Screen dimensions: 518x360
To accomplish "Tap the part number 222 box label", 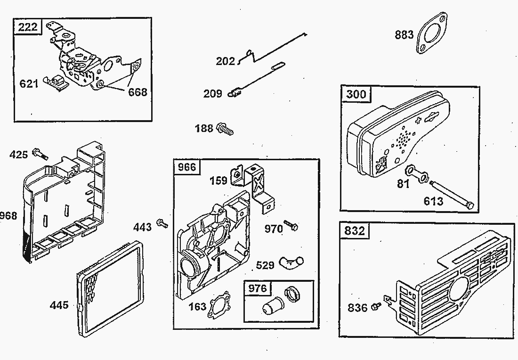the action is click(28, 26).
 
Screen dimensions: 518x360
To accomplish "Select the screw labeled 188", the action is click(225, 129).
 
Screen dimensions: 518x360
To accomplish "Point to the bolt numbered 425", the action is click(40, 154).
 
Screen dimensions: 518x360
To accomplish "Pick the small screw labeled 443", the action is click(162, 223).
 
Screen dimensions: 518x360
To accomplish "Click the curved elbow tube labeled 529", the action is click(291, 262).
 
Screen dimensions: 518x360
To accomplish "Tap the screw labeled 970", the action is click(291, 225).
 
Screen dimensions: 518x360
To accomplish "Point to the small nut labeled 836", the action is click(375, 306).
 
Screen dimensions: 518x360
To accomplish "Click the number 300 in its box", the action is click(356, 95).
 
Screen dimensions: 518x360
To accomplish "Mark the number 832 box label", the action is click(355, 230).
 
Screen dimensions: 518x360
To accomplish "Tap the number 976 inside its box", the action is click(257, 288).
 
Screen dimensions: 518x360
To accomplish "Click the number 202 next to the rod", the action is click(225, 61).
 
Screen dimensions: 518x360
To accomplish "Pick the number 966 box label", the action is click(187, 167).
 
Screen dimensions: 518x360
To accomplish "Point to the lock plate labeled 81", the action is click(418, 173).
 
